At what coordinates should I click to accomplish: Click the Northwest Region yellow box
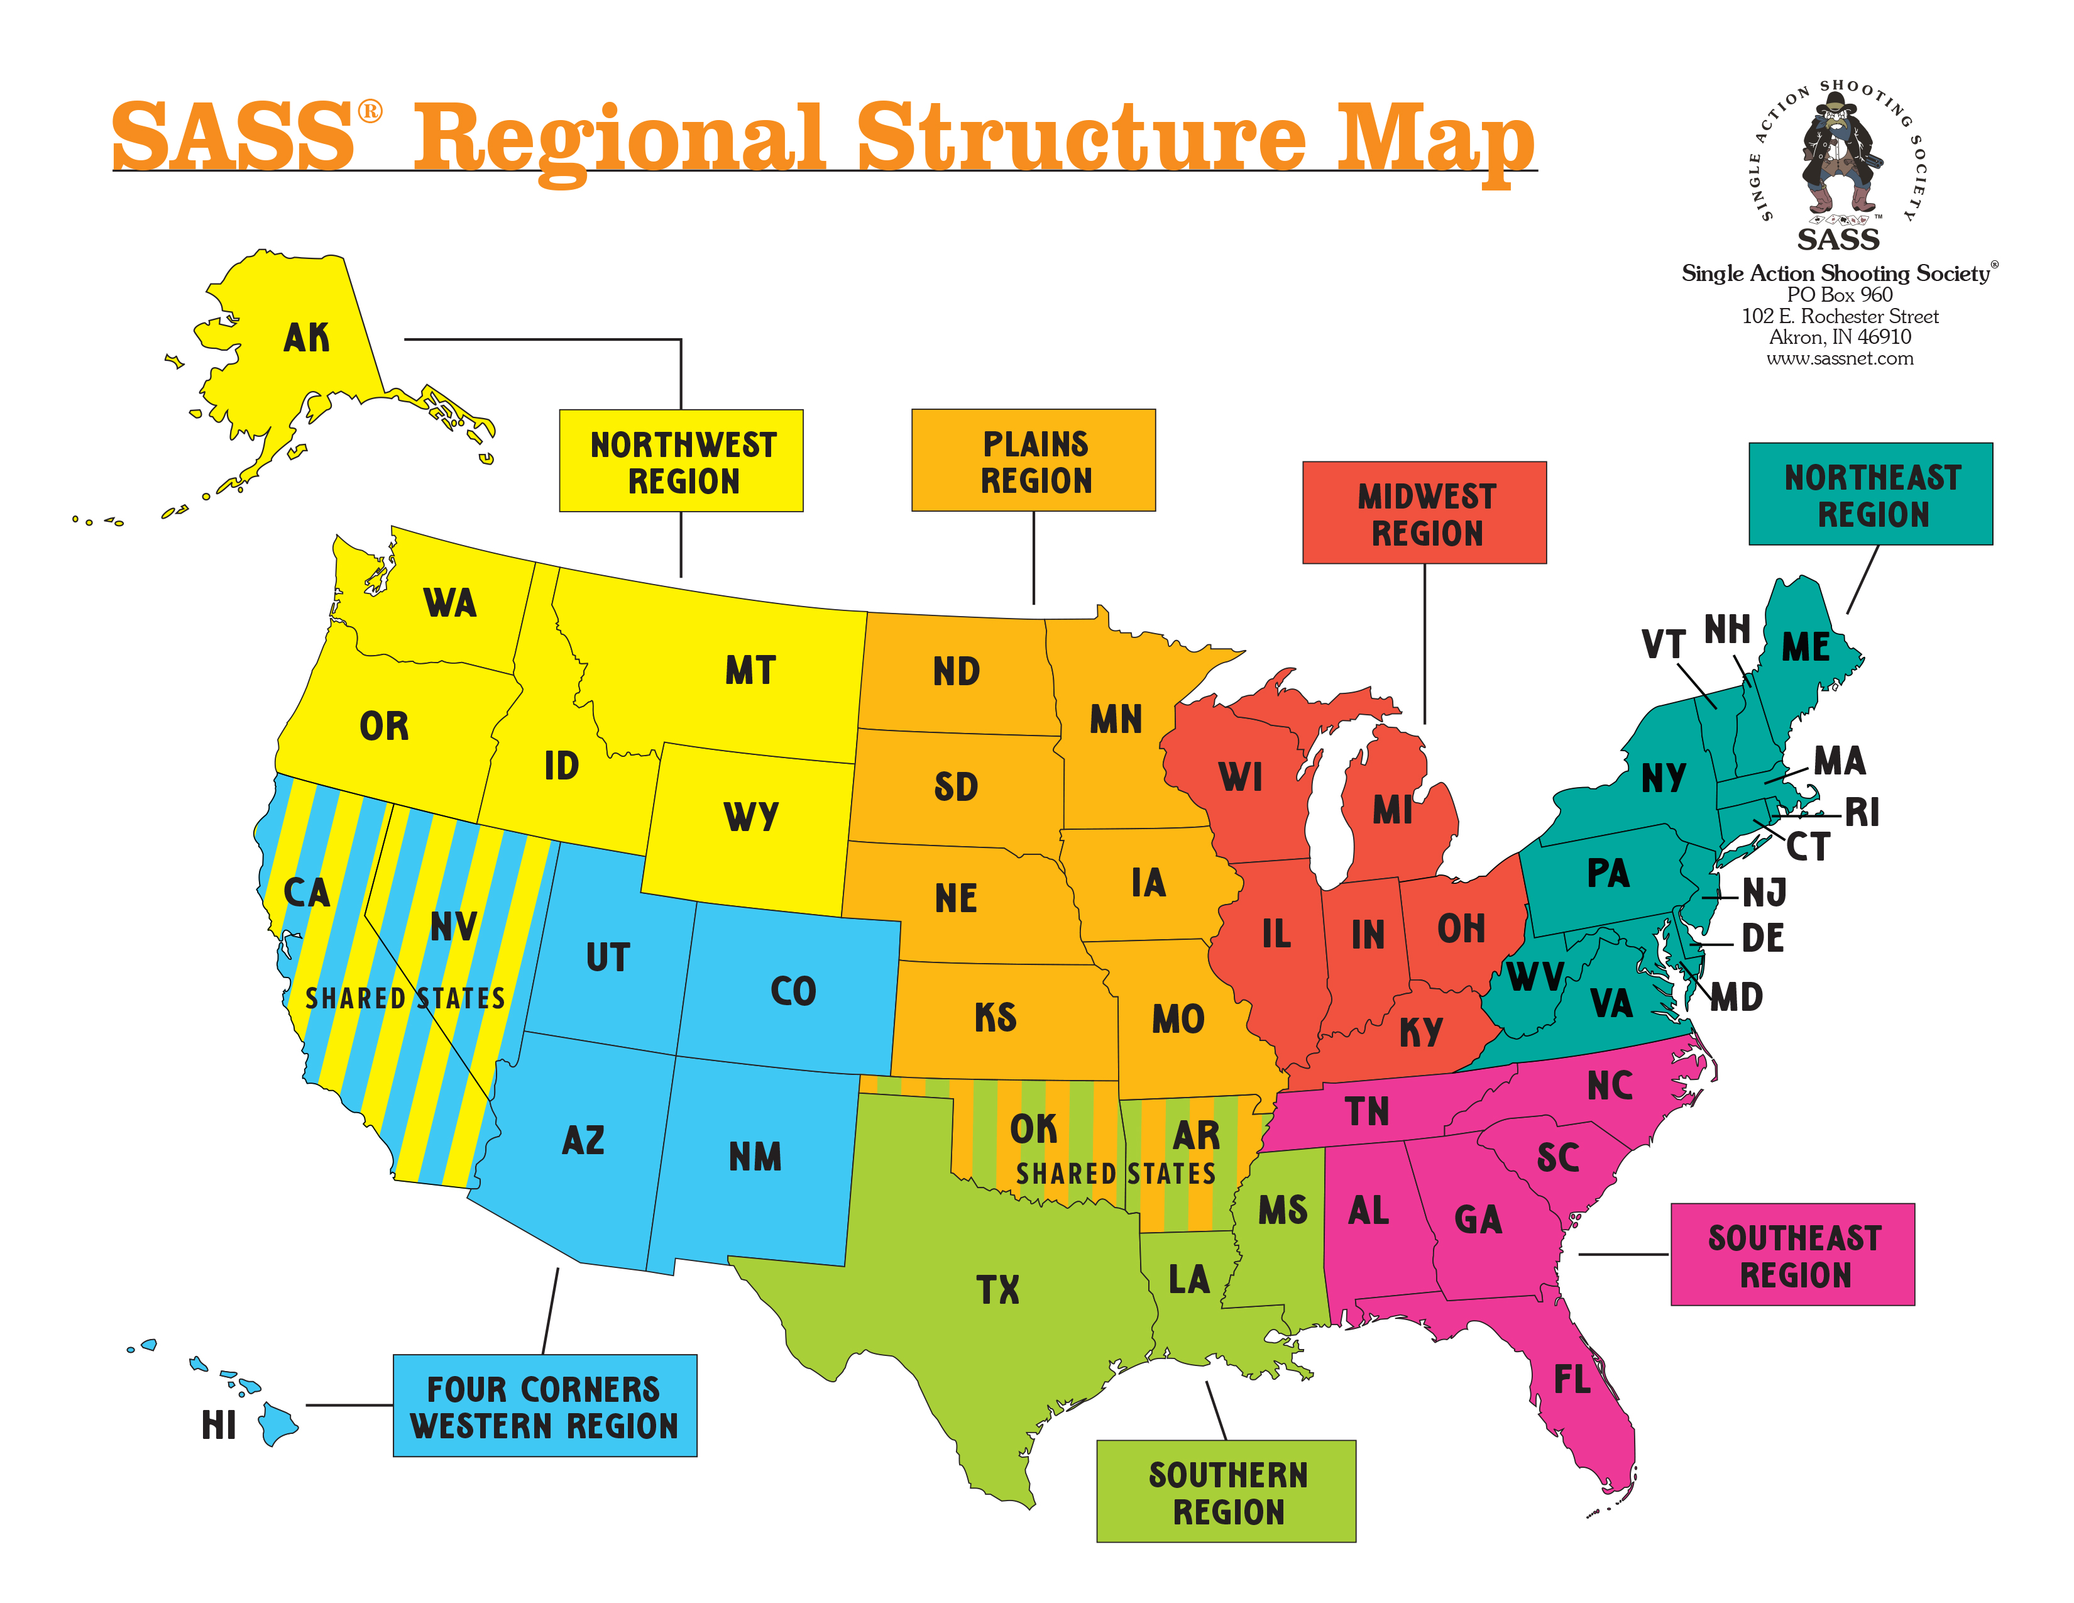pos(681,461)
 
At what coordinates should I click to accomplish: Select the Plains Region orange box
pos(1033,461)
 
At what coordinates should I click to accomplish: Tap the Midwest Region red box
pos(1424,513)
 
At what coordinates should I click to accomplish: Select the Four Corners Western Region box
pos(544,1406)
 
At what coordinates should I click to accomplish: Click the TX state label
pos(997,1289)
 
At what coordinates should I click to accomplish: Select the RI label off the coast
pos(1862,813)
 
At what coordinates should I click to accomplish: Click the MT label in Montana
pos(750,671)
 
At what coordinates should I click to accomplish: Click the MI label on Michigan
pos(1392,810)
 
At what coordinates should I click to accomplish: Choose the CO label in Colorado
pos(793,991)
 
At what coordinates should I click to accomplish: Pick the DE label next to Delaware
pos(1762,939)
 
